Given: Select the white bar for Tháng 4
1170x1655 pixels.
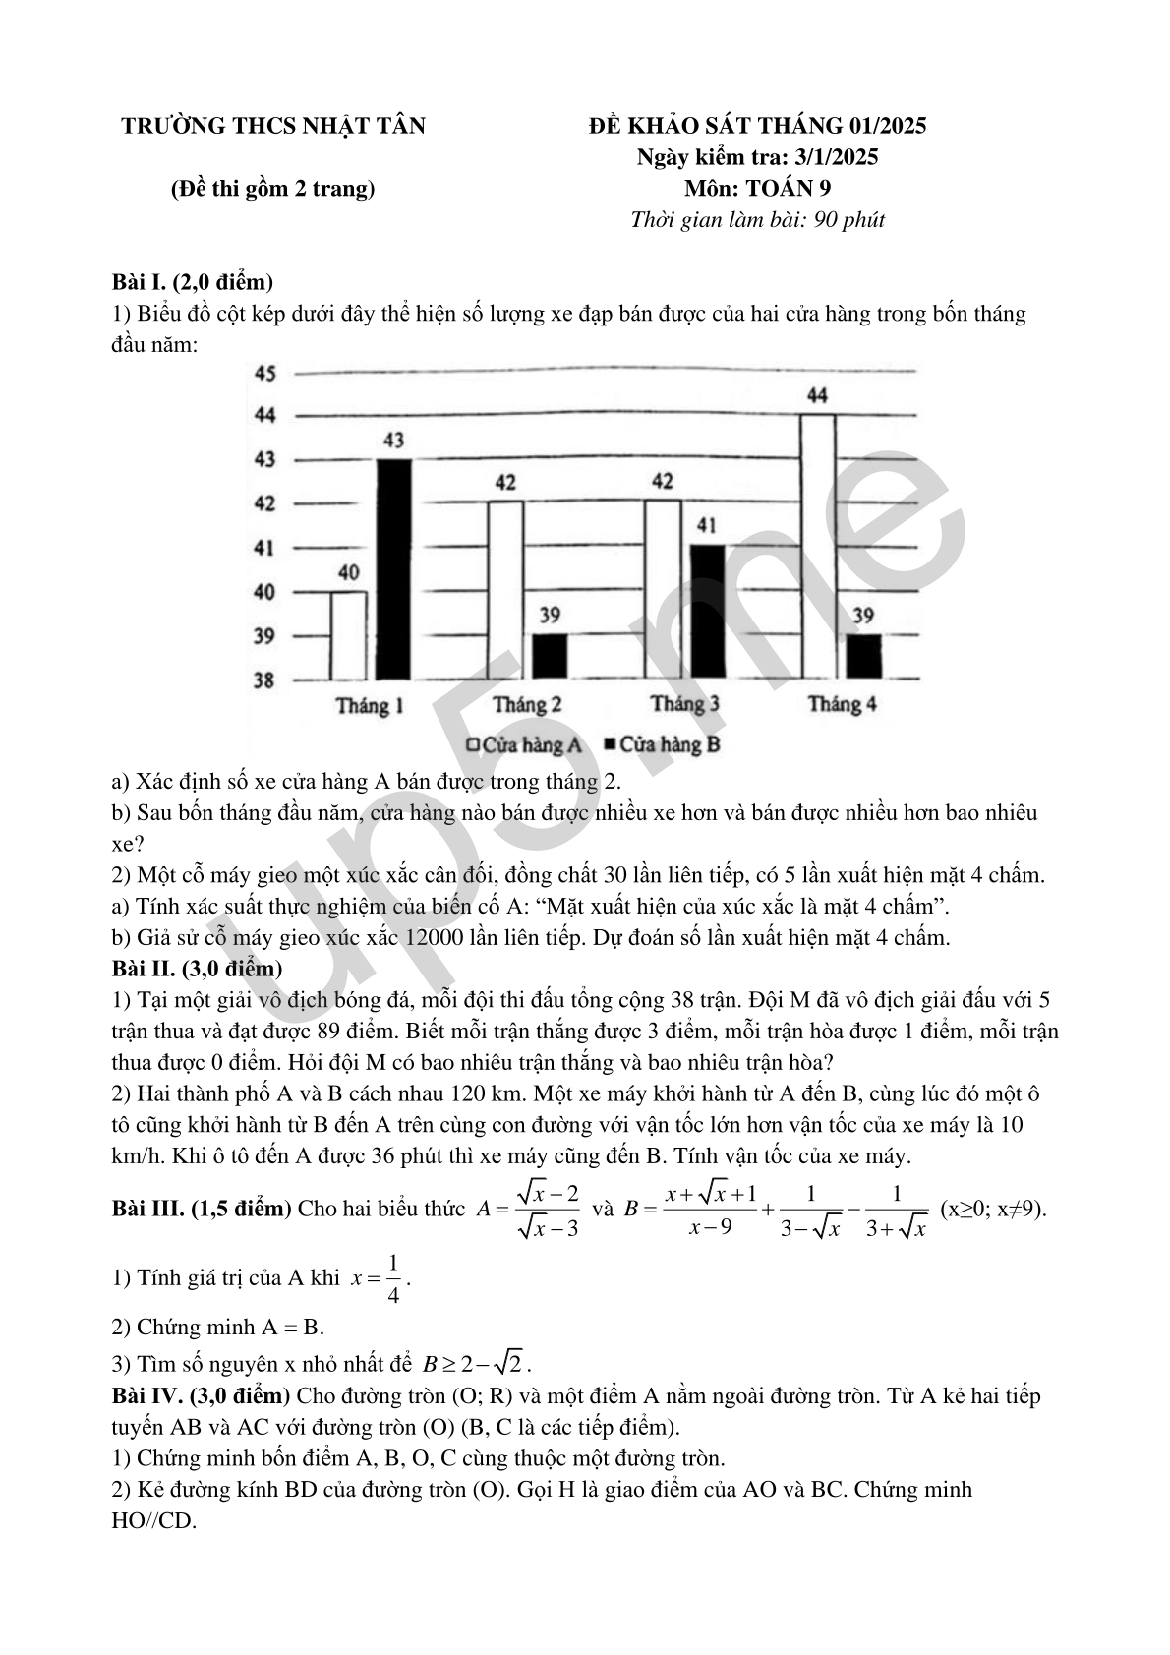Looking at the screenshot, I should (x=818, y=547).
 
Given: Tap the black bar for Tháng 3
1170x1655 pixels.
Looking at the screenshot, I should (x=707, y=611).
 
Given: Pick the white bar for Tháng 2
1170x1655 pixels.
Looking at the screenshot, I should (x=505, y=590).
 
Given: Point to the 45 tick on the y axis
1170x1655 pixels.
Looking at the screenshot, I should (x=265, y=374).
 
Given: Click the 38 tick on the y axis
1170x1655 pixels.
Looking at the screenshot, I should (x=264, y=680).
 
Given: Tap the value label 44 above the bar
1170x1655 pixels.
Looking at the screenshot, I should (x=817, y=395).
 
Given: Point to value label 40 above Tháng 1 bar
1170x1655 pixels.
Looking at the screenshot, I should (x=348, y=572).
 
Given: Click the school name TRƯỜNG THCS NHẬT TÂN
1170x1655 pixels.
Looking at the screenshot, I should (x=273, y=126).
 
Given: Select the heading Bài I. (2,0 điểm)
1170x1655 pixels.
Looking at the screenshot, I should (x=193, y=282).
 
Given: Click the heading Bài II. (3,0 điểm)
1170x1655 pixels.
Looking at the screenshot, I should (x=198, y=969).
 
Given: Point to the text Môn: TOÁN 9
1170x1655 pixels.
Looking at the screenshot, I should (x=757, y=189).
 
